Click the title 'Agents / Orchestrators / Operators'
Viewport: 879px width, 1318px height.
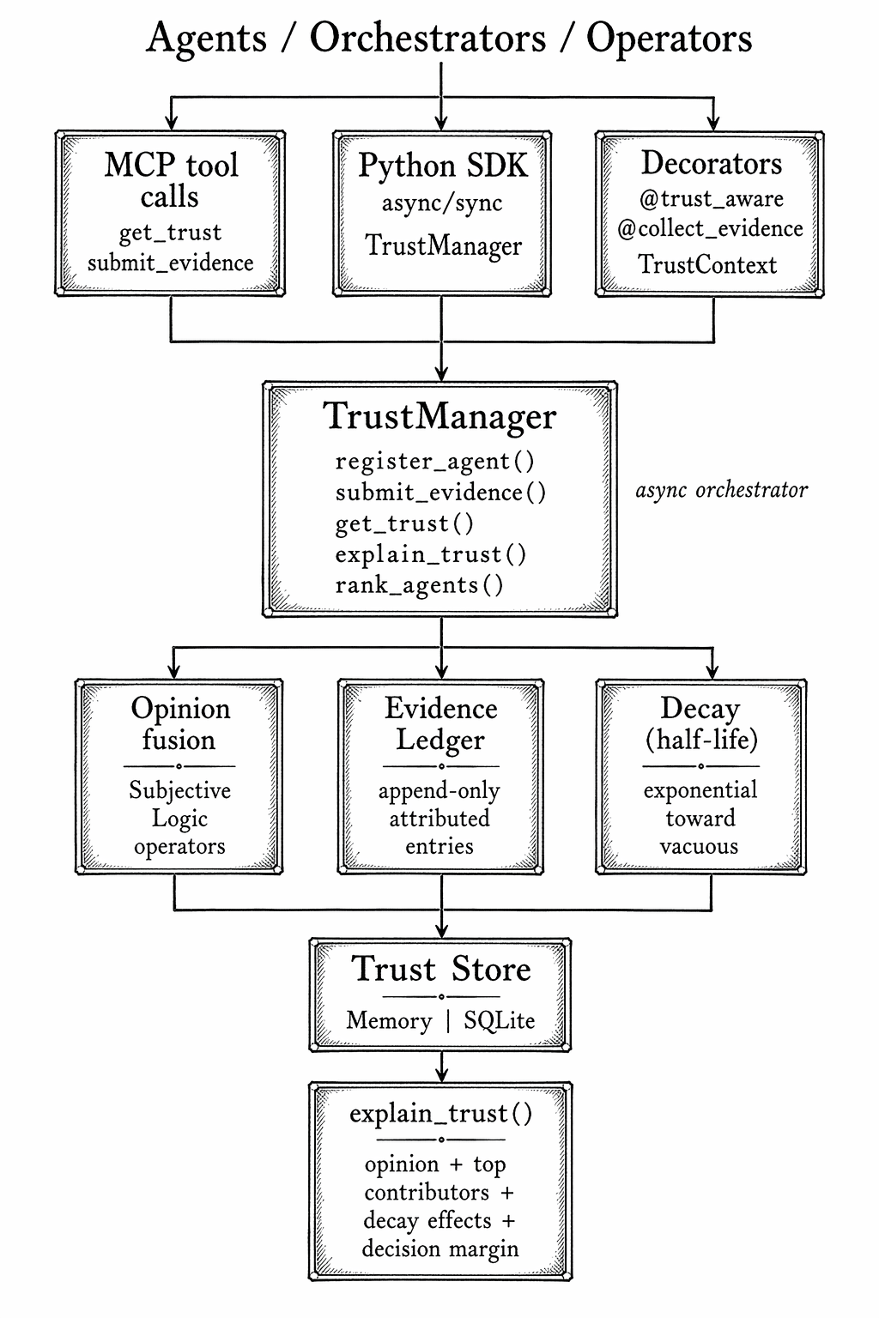pos(448,39)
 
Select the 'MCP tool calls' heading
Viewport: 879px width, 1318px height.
pos(171,180)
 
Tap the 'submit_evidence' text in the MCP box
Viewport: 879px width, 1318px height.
pos(170,263)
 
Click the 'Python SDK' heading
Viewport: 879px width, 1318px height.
pos(442,166)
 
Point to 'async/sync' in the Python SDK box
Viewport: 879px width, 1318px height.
pos(442,203)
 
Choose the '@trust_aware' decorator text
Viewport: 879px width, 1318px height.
pos(711,199)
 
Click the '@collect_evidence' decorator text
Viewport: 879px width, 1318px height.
pos(710,229)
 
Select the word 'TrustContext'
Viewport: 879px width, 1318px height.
pos(707,264)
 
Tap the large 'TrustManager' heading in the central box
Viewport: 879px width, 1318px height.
pos(439,416)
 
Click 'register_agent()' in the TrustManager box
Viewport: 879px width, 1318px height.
pos(434,462)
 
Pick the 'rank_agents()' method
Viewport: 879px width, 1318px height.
pos(419,585)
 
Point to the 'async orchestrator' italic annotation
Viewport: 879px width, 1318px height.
pos(721,490)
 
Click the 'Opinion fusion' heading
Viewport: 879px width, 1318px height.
pos(179,723)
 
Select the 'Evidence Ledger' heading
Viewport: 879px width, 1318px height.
pos(440,723)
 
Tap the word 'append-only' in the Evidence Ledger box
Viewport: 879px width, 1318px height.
pos(439,790)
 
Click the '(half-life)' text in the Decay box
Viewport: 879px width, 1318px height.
pos(701,739)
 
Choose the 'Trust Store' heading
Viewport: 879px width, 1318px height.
pos(440,969)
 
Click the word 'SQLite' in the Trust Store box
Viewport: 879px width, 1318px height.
pos(499,1020)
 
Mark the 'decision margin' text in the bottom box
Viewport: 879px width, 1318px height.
pos(439,1248)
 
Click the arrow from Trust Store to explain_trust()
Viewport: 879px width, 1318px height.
pos(441,1067)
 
